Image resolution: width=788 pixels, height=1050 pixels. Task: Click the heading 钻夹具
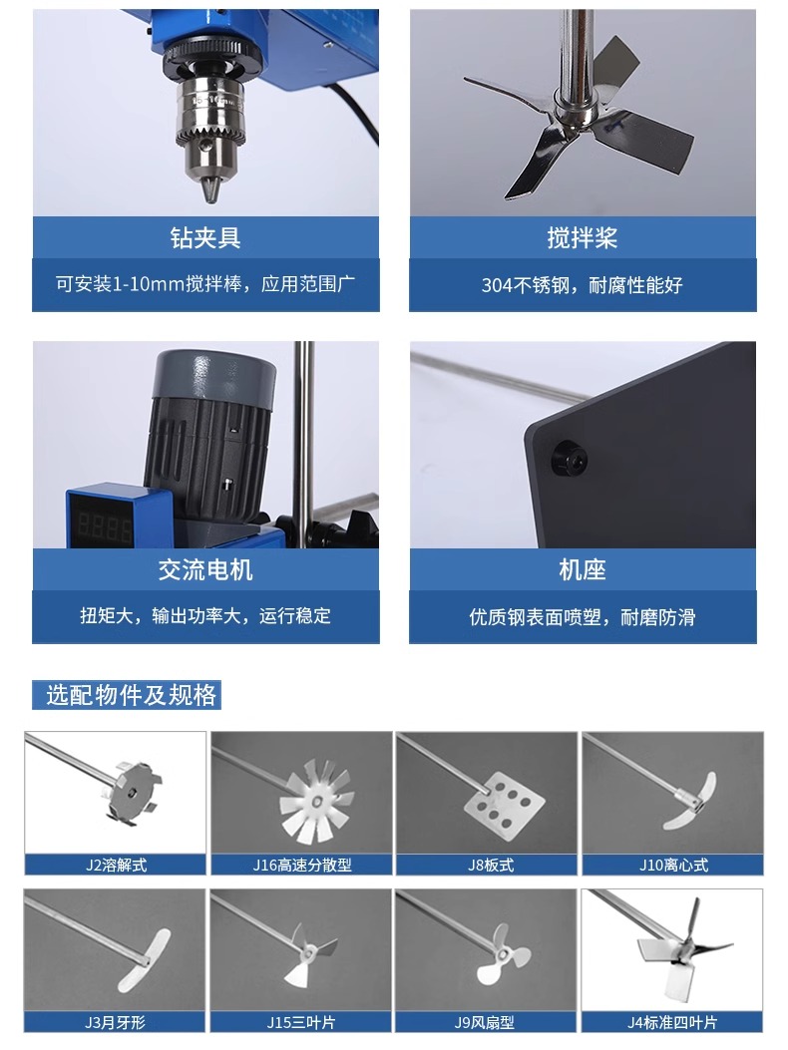[x=205, y=237]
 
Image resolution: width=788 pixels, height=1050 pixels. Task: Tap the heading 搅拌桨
[x=583, y=237]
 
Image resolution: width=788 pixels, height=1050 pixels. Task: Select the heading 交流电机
[x=205, y=569]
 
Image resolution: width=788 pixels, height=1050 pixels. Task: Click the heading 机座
[x=583, y=569]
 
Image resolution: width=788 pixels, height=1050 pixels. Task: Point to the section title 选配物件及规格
[x=132, y=695]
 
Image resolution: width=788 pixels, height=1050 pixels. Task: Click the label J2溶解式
[x=116, y=866]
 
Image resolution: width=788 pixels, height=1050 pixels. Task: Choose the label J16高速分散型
[x=301, y=866]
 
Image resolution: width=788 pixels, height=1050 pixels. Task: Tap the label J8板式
[x=491, y=866]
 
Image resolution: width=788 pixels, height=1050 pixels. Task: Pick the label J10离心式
[x=673, y=866]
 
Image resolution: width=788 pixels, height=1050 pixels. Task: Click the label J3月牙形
[x=115, y=1022]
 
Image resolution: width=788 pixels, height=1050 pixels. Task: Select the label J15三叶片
[x=301, y=1022]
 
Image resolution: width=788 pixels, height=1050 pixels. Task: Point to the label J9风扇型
[x=485, y=1022]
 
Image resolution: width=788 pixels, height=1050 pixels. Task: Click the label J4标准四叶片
[x=672, y=1022]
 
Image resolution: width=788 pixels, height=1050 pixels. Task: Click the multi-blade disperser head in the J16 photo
[x=317, y=800]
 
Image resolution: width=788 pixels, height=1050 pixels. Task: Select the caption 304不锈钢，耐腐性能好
[x=583, y=285]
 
